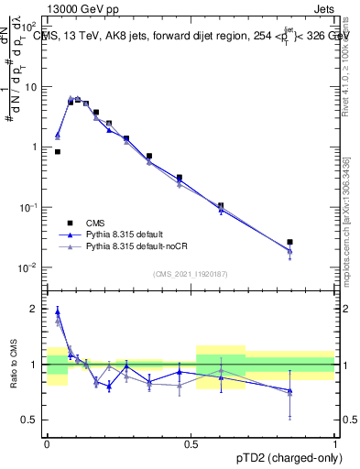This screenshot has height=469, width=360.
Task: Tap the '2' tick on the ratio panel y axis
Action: [35, 309]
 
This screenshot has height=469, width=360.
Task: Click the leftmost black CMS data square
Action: [58, 152]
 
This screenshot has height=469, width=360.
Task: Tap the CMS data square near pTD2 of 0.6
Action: [221, 206]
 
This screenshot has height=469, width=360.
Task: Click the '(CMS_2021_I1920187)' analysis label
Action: [191, 274]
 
